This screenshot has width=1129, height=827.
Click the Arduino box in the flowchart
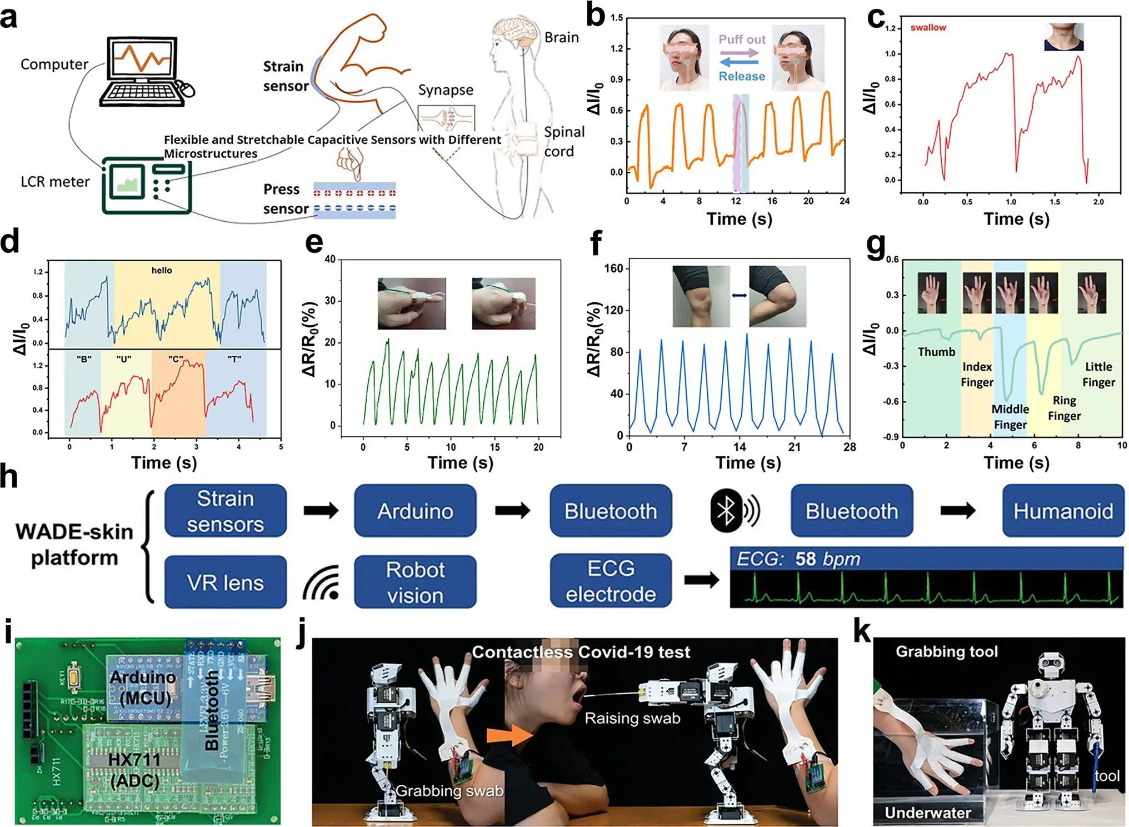click(415, 511)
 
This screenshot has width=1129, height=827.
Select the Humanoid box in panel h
click(1062, 511)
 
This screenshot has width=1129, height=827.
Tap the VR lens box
click(225, 582)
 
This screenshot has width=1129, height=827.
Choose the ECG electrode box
click(611, 581)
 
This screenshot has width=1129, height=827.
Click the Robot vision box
click(415, 582)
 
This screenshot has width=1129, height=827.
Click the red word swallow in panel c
click(928, 28)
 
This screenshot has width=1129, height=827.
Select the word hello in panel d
click(162, 271)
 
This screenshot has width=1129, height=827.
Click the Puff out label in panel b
click(742, 39)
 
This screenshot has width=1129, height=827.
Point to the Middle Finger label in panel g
click(1010, 417)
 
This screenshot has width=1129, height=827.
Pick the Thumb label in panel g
click(936, 352)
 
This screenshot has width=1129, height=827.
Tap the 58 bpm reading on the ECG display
click(827, 559)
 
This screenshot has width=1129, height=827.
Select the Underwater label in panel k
click(927, 813)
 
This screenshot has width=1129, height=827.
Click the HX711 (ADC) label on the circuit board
click(134, 770)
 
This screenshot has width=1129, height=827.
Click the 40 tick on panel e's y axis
click(330, 260)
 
